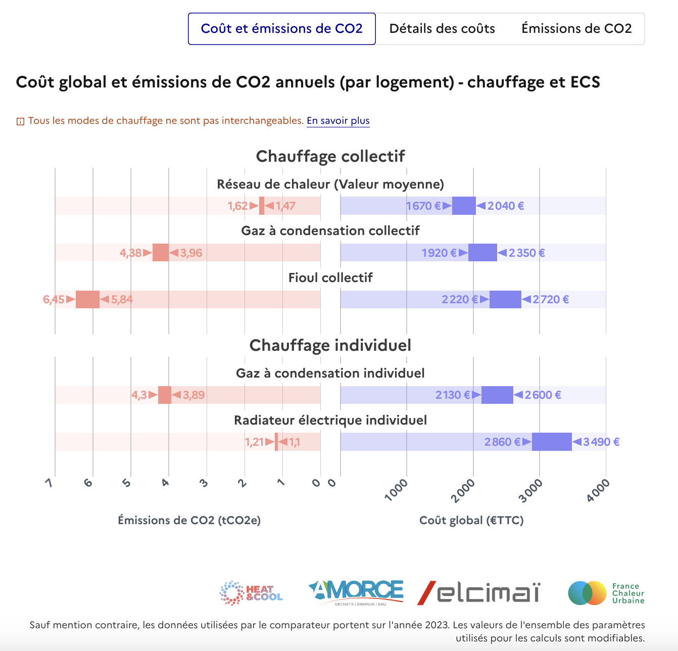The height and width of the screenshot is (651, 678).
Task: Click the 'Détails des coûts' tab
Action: click(442, 29)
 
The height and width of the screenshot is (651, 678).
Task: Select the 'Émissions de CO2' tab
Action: click(576, 29)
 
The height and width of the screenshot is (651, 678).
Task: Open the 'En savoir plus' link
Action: click(338, 121)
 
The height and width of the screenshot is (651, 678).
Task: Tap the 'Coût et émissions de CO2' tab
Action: click(282, 29)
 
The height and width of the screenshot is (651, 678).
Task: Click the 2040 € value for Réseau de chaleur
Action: click(505, 206)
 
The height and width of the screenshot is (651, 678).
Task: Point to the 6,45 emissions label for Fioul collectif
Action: click(54, 299)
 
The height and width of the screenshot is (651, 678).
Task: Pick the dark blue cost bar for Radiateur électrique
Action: click(552, 442)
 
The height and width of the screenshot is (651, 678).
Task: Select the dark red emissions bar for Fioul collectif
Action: click(87, 299)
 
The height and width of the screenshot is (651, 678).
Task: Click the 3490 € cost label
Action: click(601, 442)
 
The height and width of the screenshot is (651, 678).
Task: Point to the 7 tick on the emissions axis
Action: click(50, 483)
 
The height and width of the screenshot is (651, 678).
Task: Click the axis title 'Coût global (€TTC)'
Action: click(471, 520)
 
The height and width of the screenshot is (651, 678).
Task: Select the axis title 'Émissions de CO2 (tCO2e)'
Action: click(189, 520)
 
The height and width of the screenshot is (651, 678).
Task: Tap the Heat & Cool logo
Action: click(251, 593)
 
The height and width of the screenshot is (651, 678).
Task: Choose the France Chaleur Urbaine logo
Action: click(606, 593)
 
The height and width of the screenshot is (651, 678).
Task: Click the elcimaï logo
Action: click(478, 592)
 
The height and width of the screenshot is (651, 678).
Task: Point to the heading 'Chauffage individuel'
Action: click(330, 345)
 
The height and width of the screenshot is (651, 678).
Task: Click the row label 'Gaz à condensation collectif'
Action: click(330, 231)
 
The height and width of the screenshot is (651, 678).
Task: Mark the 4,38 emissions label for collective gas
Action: click(130, 253)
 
